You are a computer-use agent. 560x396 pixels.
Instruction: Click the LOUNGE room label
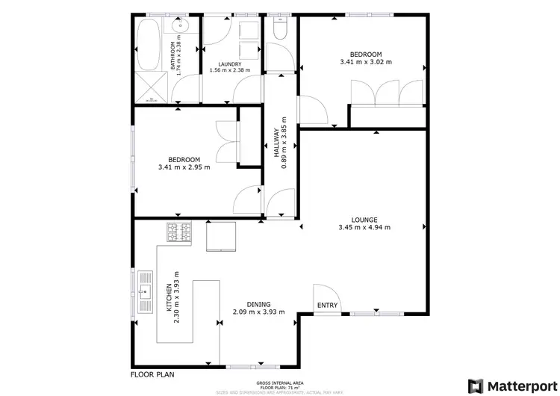pos(364,220)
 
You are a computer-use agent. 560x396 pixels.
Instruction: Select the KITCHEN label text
pos(169,297)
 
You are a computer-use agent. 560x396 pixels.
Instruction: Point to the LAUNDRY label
pos(229,64)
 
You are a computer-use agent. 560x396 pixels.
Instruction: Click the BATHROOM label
pos(173,55)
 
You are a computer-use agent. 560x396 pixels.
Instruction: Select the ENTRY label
pos(327,305)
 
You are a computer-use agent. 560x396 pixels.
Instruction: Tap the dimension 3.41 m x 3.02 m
pos(366,63)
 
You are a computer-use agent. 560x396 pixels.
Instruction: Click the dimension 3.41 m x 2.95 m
pos(184,167)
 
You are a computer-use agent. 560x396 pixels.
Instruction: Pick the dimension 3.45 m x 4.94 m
pos(364,228)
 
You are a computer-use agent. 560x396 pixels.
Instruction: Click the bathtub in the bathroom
pos(148,43)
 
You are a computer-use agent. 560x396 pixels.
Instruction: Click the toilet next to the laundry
pos(280,29)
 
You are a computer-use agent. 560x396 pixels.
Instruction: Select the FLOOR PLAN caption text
pos(153,374)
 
